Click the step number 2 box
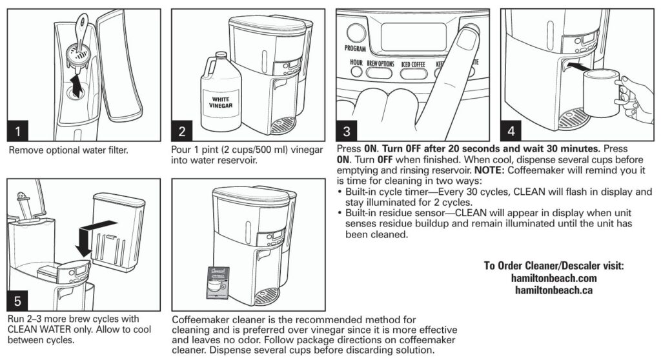(x=182, y=132)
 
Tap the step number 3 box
(x=347, y=132)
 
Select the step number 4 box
(x=511, y=132)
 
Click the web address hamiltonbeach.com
(x=553, y=278)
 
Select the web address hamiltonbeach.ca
(x=553, y=290)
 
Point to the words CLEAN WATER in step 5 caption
(x=37, y=329)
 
